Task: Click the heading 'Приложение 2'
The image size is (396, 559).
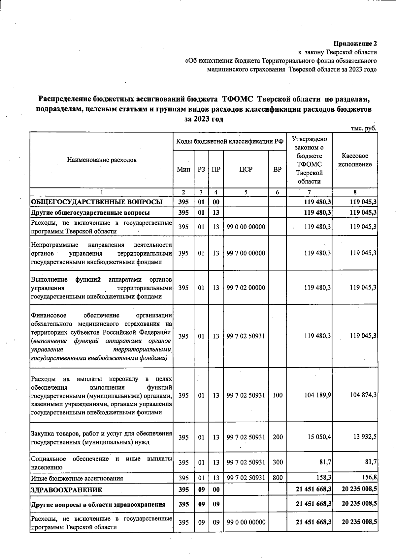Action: tap(355, 43)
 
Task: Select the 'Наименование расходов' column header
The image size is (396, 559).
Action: tap(102, 160)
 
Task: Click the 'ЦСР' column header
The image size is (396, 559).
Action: tap(246, 170)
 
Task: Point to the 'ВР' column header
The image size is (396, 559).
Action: tap(278, 170)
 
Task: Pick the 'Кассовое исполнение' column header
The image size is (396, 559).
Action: tap(355, 160)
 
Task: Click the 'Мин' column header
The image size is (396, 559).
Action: tap(183, 170)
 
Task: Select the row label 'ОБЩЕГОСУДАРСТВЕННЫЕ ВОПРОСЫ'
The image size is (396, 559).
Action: tap(96, 202)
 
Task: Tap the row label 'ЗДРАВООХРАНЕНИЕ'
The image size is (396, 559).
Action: tap(66, 490)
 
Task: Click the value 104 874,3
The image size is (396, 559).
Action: tap(363, 395)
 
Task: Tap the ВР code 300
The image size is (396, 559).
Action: tap(278, 462)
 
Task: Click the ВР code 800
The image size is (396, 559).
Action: tap(278, 478)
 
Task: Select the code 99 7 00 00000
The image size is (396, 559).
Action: tap(246, 253)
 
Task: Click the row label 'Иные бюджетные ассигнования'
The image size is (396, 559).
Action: tap(77, 478)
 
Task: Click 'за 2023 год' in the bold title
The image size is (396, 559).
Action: tap(204, 119)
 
